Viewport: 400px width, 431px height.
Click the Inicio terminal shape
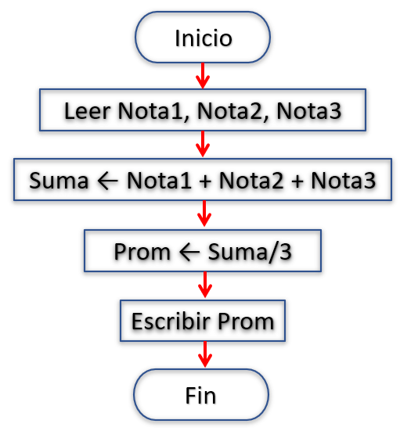203,38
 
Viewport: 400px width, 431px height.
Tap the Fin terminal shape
201,395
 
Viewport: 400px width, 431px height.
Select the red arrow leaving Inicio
203,76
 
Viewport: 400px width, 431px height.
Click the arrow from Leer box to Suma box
203,144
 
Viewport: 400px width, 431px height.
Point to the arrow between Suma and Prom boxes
204,214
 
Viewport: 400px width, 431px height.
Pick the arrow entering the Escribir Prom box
205,285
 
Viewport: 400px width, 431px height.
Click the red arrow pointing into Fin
205,354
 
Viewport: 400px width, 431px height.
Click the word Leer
87,111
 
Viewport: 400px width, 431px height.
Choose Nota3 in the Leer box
308,111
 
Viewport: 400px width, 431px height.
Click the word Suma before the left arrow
59,181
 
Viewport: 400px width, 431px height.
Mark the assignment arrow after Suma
107,181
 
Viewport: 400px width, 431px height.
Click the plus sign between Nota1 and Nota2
205,181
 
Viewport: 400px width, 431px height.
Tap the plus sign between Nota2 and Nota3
297,181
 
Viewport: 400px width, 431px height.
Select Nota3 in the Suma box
344,181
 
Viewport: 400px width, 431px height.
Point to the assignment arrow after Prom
189,252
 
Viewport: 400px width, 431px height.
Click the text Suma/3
250,252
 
